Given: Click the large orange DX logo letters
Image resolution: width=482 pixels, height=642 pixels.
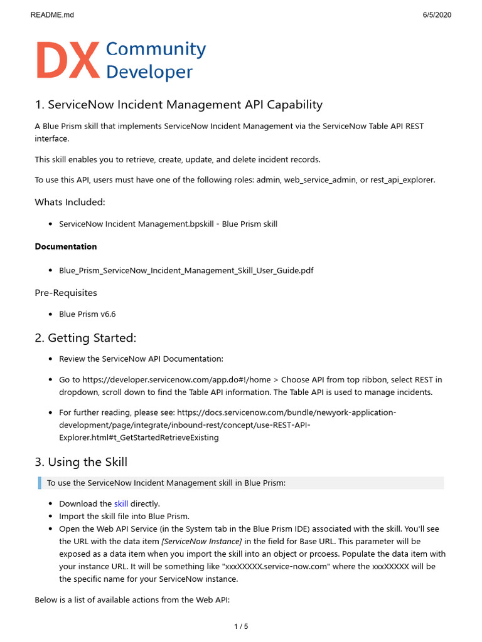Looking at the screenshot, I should pyautogui.click(x=67, y=61).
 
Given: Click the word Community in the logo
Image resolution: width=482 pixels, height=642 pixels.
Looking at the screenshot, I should pyautogui.click(x=156, y=49).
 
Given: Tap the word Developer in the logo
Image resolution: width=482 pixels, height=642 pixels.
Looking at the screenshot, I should pyautogui.click(x=149, y=72).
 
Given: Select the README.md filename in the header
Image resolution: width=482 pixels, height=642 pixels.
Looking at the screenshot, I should pyautogui.click(x=52, y=15).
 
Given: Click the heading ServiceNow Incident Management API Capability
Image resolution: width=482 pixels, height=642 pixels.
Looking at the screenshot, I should pyautogui.click(x=178, y=105).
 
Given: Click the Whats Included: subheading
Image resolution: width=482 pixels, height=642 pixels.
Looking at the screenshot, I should pyautogui.click(x=70, y=202).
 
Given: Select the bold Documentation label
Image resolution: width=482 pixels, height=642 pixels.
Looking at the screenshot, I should pyautogui.click(x=66, y=246).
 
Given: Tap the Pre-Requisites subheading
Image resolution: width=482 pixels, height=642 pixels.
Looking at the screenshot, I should pyautogui.click(x=66, y=292).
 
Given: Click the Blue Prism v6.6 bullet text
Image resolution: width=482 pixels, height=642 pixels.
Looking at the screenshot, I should pyautogui.click(x=87, y=314).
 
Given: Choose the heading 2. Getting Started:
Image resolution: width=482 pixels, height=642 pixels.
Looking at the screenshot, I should pyautogui.click(x=85, y=338).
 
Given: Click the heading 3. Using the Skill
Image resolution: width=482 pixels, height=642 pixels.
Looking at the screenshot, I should pyautogui.click(x=81, y=462).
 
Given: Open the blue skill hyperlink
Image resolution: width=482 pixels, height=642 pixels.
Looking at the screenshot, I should pyautogui.click(x=120, y=503).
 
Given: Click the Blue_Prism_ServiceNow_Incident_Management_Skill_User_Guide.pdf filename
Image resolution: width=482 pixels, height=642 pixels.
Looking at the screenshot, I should pyautogui.click(x=186, y=270).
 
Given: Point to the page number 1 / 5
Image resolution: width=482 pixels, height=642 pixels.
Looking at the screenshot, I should pyautogui.click(x=241, y=626).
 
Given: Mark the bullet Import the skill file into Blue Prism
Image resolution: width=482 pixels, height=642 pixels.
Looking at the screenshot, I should pyautogui.click(x=124, y=516).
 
